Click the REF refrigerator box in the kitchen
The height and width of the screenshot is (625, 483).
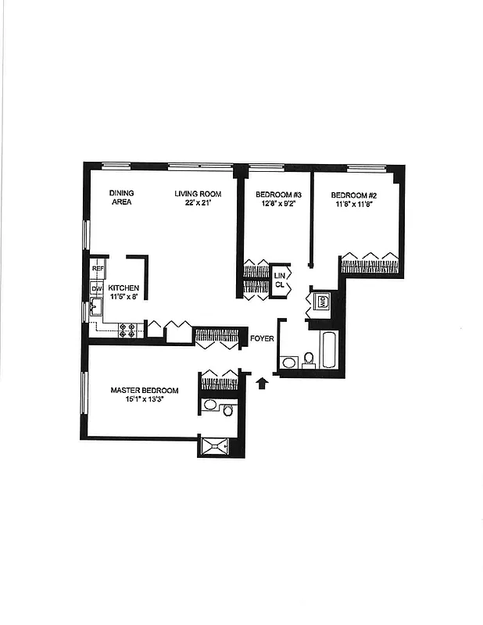(x=98, y=269)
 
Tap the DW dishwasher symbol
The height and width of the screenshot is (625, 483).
(x=98, y=289)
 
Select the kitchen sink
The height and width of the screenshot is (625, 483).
(x=97, y=305)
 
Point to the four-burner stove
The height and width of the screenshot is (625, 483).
(x=129, y=330)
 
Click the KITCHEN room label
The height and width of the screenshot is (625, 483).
(x=123, y=287)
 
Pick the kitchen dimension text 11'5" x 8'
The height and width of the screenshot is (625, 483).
(x=123, y=298)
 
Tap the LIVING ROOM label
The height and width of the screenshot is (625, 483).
(x=198, y=194)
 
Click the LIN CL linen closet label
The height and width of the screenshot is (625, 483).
(x=280, y=280)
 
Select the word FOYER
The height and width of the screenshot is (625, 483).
(x=261, y=338)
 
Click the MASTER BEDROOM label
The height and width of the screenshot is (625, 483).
(x=145, y=391)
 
